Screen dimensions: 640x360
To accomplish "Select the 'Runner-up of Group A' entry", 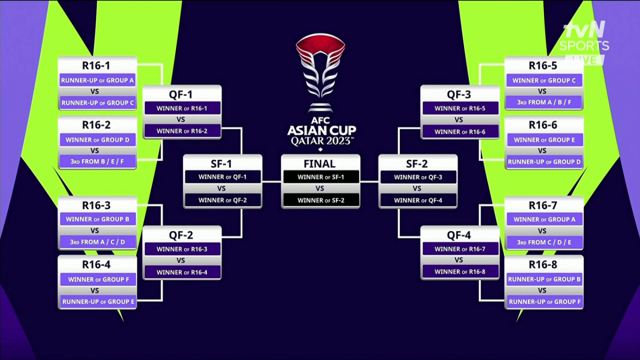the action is point(97,81).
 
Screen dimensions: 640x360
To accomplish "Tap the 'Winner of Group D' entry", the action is point(97,140).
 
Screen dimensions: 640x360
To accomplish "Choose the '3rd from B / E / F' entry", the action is point(97,161).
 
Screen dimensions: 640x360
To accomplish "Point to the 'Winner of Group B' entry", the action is point(97,219).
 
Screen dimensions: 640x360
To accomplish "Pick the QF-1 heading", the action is point(181,94).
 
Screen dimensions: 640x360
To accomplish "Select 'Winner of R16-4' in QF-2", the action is point(181,272).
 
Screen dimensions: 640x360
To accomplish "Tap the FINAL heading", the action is point(319,164).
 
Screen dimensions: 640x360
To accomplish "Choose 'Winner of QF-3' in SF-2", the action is point(417,177).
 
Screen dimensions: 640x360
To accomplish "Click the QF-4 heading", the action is point(459,235).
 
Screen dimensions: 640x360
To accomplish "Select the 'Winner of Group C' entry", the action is point(543,81).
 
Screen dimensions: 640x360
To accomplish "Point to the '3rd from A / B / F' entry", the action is point(543,102).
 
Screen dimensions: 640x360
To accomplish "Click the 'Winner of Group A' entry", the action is point(543,219).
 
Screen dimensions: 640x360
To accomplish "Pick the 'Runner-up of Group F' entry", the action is point(543,301).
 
